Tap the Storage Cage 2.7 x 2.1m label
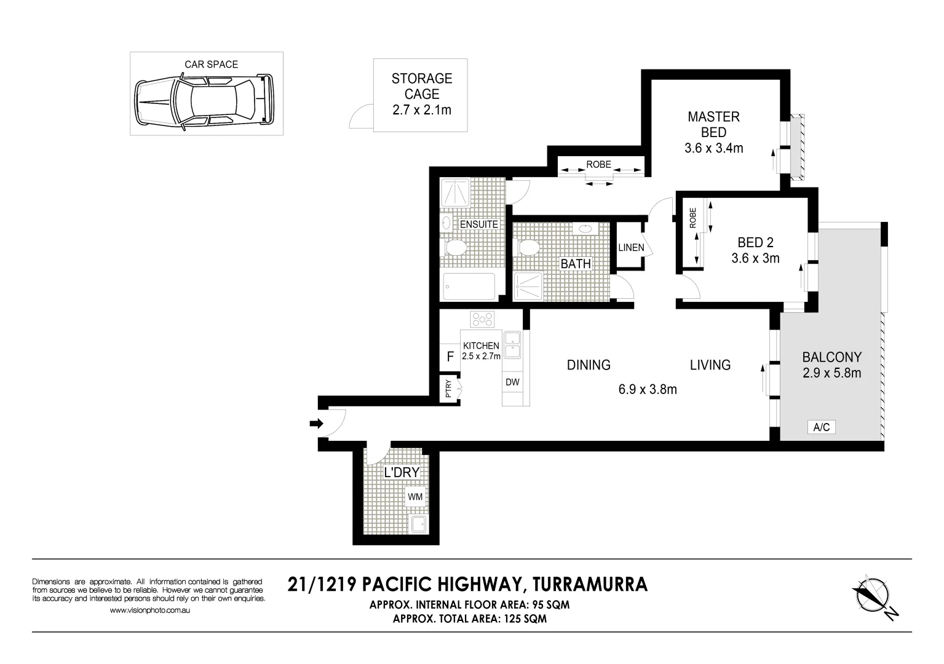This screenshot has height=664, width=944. (x=421, y=94)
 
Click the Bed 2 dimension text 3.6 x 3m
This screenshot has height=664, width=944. (x=755, y=258)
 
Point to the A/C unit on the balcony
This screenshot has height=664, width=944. (x=821, y=427)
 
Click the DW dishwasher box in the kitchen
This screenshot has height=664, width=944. (x=512, y=382)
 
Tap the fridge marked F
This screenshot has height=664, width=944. (x=450, y=357)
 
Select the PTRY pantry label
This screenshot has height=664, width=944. (x=448, y=389)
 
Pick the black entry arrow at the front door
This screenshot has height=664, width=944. (x=316, y=423)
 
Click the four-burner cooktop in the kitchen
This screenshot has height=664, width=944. (x=482, y=320)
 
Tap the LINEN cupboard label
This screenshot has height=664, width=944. (x=631, y=248)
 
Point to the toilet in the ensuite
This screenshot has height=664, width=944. (x=454, y=248)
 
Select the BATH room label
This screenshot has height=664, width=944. (x=575, y=264)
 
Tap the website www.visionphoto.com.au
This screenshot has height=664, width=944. (x=149, y=611)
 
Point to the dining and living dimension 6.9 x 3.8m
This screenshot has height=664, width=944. (x=648, y=389)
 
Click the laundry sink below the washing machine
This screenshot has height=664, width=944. (x=419, y=524)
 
